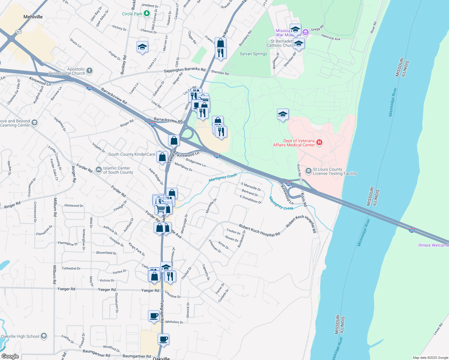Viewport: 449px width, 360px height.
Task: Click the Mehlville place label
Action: [x=33, y=17]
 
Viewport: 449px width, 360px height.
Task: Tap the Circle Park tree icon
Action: [x=146, y=13]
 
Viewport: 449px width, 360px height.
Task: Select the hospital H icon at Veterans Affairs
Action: [x=319, y=142]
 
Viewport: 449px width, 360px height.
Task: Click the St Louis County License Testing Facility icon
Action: [x=308, y=171]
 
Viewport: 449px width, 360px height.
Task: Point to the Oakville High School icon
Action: [x=44, y=336]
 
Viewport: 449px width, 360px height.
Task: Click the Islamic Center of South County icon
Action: [x=98, y=170]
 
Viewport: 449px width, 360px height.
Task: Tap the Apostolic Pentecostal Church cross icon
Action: [x=89, y=71]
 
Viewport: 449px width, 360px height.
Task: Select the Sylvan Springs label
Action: [x=253, y=54]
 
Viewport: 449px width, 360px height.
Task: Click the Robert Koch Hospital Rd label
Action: [x=259, y=230]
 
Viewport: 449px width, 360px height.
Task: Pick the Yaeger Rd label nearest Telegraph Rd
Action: [x=150, y=290]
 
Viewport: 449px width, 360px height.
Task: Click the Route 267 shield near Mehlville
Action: [x=19, y=32]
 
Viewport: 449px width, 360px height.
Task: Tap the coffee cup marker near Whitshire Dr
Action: [x=154, y=316]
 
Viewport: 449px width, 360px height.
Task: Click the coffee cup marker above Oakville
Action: [x=164, y=339]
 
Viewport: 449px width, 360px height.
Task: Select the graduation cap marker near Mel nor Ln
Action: [x=142, y=47]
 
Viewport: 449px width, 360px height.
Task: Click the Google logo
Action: [x=10, y=356]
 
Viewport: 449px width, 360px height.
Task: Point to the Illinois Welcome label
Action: [x=433, y=245]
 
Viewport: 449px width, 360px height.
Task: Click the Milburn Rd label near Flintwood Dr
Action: [x=55, y=207]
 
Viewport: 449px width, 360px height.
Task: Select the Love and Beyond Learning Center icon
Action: [x=35, y=123]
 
